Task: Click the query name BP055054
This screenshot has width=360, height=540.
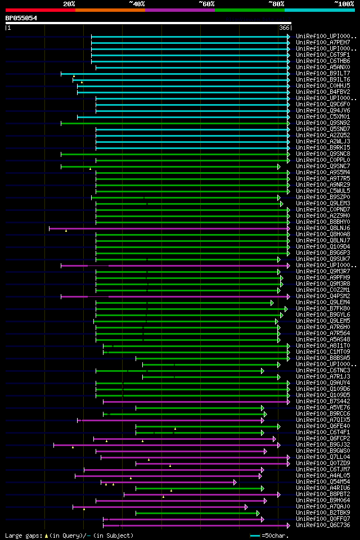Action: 21,18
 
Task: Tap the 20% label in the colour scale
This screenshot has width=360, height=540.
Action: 69,3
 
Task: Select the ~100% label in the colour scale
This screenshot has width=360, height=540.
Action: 344,3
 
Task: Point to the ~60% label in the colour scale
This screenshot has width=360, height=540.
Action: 206,3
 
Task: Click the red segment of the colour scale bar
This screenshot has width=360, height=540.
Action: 40,10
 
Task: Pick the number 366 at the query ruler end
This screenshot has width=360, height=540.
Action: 284,28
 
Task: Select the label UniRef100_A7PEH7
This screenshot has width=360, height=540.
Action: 323,42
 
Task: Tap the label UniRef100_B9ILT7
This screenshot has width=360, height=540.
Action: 323,73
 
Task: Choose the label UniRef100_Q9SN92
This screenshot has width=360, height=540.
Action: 323,123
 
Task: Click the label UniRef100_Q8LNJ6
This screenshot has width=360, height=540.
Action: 323,228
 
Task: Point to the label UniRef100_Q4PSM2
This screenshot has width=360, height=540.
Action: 323,296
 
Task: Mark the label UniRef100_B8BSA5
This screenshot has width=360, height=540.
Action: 323,358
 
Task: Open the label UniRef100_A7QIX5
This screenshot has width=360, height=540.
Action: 323,420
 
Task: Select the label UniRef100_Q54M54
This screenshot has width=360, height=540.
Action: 323,481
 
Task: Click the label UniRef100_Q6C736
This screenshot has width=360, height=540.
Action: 323,525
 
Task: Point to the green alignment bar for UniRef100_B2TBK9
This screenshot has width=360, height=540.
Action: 197,513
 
